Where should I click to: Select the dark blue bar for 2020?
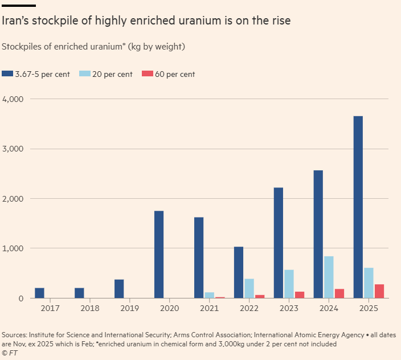[159, 255]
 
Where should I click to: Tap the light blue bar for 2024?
[329, 277]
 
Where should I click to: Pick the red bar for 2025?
[379, 291]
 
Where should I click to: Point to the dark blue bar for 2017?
[39, 293]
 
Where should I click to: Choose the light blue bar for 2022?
[249, 288]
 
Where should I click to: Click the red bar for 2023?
[299, 294]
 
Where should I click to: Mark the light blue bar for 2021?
[209, 295]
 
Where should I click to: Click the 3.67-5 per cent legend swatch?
[7, 74]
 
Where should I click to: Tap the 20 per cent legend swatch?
[84, 74]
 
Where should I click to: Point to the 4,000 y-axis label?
[12, 99]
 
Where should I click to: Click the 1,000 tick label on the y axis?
[12, 248]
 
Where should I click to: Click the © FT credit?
[10, 353]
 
